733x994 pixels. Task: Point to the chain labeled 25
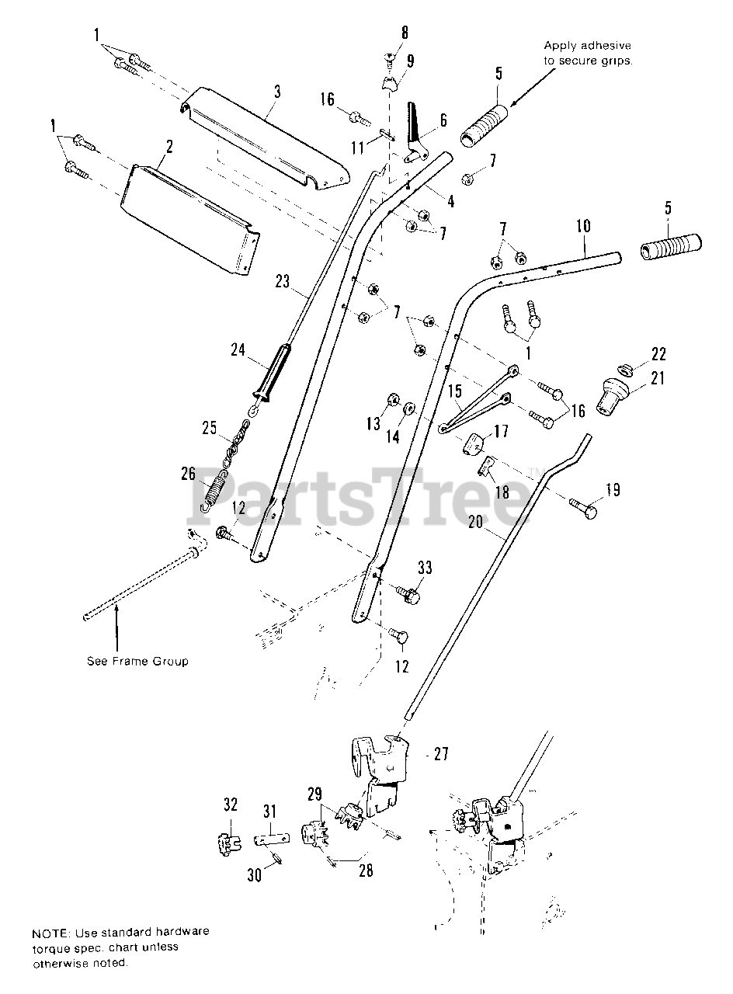[237, 443]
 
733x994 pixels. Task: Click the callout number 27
[441, 754]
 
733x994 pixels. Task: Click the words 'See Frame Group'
[137, 662]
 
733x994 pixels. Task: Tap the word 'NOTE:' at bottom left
[50, 931]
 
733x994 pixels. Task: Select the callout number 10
[583, 227]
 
